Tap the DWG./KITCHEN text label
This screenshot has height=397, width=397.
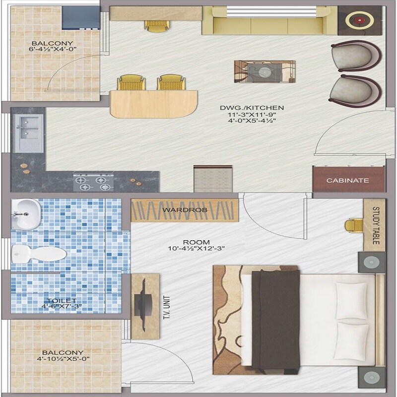click(x=252, y=107)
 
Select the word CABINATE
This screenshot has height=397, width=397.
click(x=348, y=181)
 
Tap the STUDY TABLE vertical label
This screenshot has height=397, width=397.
click(x=376, y=226)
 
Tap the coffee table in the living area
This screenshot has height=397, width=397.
click(x=265, y=71)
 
